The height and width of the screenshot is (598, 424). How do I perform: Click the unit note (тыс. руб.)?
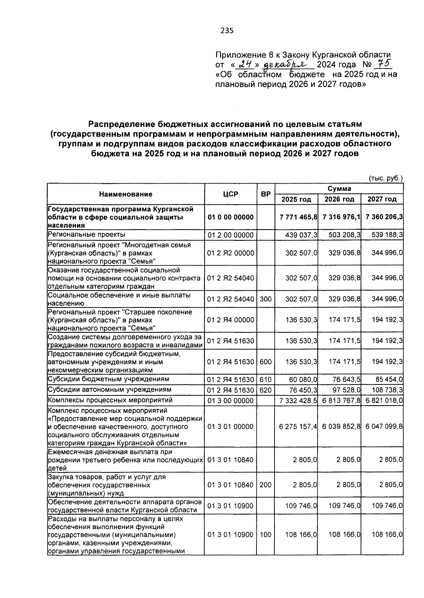385,179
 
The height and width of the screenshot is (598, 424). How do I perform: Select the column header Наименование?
126,194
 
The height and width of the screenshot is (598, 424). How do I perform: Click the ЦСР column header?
231,194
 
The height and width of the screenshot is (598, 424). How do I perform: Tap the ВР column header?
266,194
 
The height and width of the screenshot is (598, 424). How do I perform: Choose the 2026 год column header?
339,199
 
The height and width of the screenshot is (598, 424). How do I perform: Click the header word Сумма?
339,188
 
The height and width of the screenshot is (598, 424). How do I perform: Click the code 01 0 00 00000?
230,217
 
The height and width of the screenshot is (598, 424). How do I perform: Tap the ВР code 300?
266,299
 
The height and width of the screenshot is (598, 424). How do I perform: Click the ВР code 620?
266,390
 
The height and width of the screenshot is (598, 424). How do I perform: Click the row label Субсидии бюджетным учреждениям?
108,379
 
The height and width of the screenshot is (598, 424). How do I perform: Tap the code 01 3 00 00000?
230,401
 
